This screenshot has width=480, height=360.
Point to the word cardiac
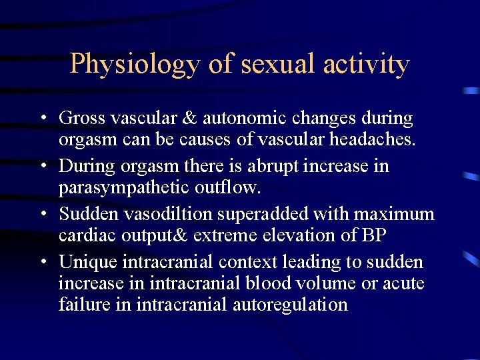pyautogui.click(x=85, y=235)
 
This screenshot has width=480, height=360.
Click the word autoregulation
pyautogui.click(x=291, y=305)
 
